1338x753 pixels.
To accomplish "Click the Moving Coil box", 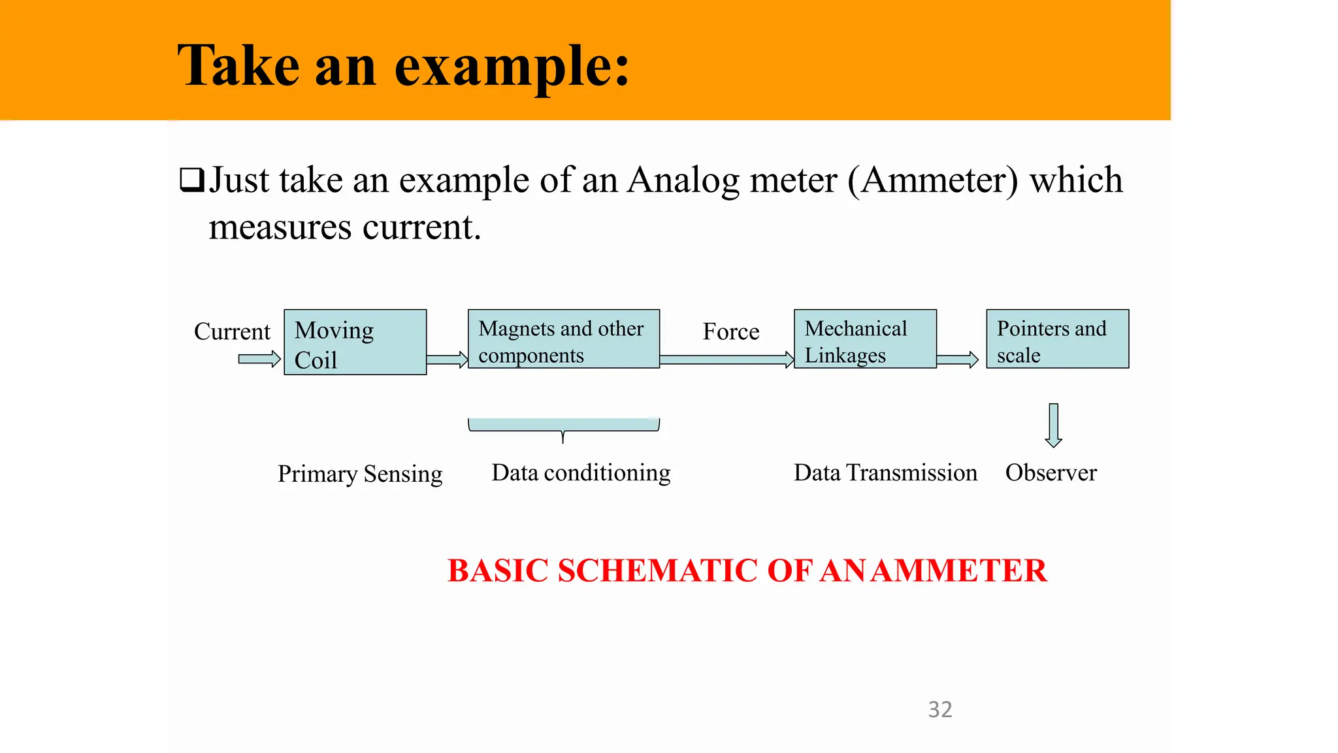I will tap(355, 342).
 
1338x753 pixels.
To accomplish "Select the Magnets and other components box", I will tap(563, 339).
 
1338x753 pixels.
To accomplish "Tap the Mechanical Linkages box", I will tap(864, 339).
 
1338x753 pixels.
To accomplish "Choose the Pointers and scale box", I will tap(1057, 339).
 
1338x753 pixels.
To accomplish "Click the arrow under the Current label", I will tap(259, 359).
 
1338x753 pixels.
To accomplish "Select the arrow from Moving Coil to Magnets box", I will tap(448, 360).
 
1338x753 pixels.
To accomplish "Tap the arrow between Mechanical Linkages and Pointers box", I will tap(957, 360).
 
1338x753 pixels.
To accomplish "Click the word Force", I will tap(730, 331).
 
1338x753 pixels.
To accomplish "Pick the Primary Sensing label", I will tap(360, 474).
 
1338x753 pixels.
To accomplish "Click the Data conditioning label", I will tap(581, 473).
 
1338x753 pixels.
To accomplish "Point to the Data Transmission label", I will tap(885, 473).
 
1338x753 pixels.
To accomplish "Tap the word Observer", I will tap(1051, 473).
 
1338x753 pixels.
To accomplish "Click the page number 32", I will tap(940, 709).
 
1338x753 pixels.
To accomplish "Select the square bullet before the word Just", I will tap(191, 180).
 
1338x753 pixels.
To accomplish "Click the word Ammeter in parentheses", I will tap(933, 180).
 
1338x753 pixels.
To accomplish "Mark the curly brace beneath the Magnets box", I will tap(563, 427).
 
